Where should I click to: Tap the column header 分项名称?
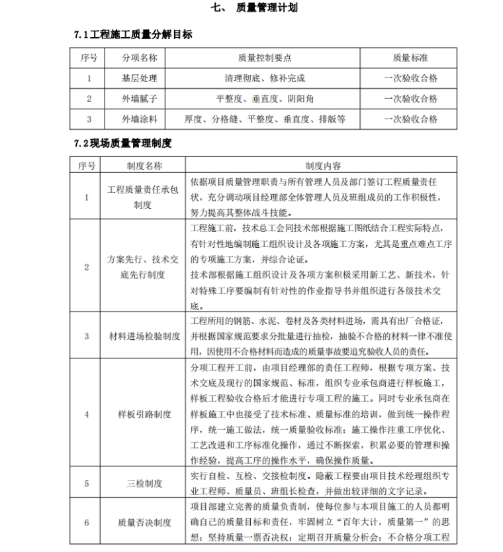[139, 58]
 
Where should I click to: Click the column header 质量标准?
[410, 58]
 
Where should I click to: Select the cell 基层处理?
[139, 78]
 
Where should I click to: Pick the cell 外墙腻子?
[139, 99]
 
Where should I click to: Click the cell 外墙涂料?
[139, 119]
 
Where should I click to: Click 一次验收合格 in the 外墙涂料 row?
[410, 119]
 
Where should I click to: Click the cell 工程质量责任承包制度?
[144, 197]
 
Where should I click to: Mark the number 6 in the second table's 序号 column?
[87, 522]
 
